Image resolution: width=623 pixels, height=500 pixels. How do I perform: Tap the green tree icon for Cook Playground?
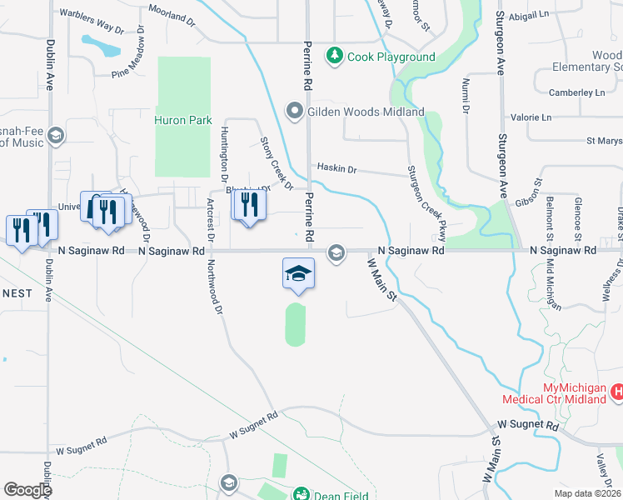[x=334, y=56]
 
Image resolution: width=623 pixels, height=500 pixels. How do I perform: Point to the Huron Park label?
[x=183, y=120]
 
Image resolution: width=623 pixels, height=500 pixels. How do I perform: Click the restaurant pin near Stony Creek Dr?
[x=248, y=207]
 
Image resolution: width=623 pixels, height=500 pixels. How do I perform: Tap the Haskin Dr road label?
[x=336, y=169]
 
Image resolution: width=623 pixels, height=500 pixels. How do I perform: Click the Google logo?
[x=27, y=489]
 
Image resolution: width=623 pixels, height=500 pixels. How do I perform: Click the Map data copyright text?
[x=589, y=492]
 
